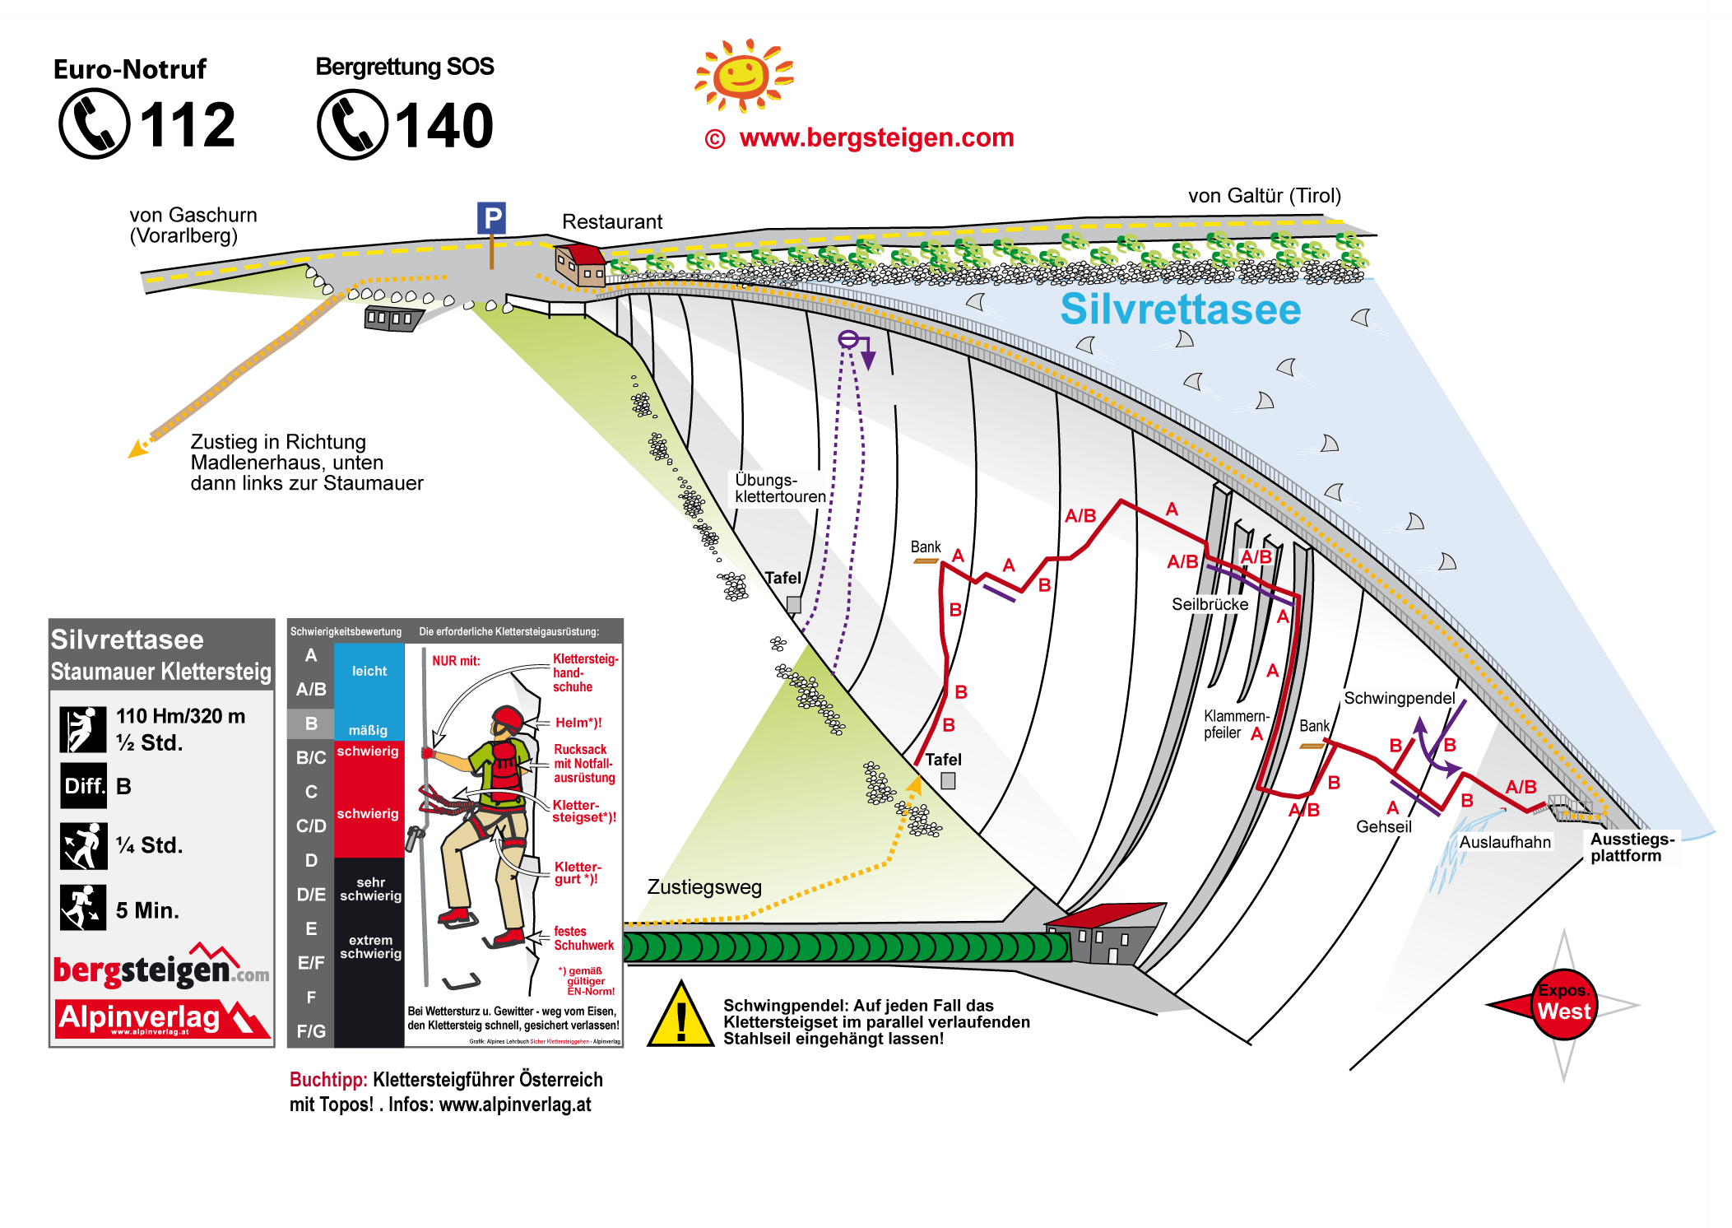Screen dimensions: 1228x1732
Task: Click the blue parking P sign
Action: [491, 218]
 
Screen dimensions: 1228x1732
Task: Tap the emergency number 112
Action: [188, 126]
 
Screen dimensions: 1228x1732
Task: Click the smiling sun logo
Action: [742, 76]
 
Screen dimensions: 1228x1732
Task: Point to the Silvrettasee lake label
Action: [1180, 309]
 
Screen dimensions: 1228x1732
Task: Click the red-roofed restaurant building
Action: [581, 263]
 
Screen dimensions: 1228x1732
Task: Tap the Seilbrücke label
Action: [1210, 604]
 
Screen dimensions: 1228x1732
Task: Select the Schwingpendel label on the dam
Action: [1399, 698]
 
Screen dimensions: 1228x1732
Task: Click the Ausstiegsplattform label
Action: [1632, 847]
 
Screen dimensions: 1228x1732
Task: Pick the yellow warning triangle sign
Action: [680, 1017]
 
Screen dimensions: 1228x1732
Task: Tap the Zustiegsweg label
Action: [704, 886]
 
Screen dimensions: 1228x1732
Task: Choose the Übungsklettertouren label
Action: [779, 488]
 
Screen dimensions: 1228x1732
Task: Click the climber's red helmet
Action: [507, 718]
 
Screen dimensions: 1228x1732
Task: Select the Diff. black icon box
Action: [83, 786]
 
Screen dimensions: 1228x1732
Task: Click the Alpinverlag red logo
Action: [160, 1019]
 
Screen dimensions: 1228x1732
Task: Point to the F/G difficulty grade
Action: [311, 1031]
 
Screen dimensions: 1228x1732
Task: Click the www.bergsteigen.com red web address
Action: [876, 137]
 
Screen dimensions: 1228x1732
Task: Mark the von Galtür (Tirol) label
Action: [1264, 196]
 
